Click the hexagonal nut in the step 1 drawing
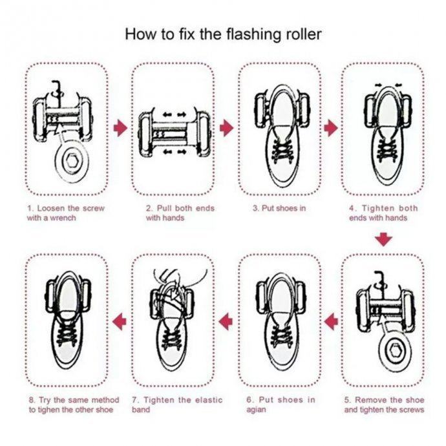coord(71,162)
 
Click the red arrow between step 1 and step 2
coord(121,128)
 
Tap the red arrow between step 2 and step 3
coord(227,128)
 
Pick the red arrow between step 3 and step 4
coord(331,128)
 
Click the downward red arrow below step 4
coord(383,240)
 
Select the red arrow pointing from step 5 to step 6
coord(331,322)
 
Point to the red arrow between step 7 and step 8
coord(120,322)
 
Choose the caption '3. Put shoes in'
coord(279,208)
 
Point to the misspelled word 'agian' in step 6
coord(256,410)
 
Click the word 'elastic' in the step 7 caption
coord(209,400)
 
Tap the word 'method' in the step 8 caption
coord(105,400)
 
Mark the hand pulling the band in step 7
coord(171,280)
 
